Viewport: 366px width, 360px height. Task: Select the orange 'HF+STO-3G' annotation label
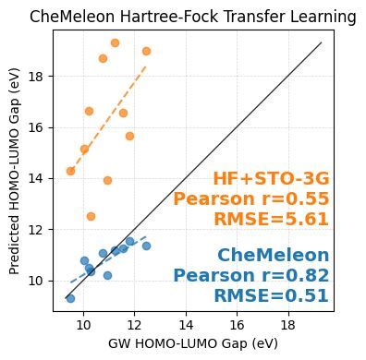[x=270, y=179]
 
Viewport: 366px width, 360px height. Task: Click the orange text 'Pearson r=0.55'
[x=250, y=198]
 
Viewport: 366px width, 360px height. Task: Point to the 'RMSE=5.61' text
[x=271, y=219]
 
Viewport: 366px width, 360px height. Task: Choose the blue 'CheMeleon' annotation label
[x=273, y=256]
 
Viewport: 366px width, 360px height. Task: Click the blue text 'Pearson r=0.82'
[x=250, y=275]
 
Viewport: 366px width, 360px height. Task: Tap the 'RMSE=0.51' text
[x=271, y=295]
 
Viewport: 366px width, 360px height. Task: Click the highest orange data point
[x=115, y=42]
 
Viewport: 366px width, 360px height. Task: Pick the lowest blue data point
[x=70, y=298]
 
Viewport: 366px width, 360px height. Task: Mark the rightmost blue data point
[x=146, y=246]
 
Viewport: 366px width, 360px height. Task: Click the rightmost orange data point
[x=146, y=51]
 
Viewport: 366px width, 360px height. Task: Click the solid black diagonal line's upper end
[x=320, y=43]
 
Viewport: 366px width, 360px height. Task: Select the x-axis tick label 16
[x=237, y=326]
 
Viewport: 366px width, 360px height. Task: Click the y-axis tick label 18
[x=36, y=77]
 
